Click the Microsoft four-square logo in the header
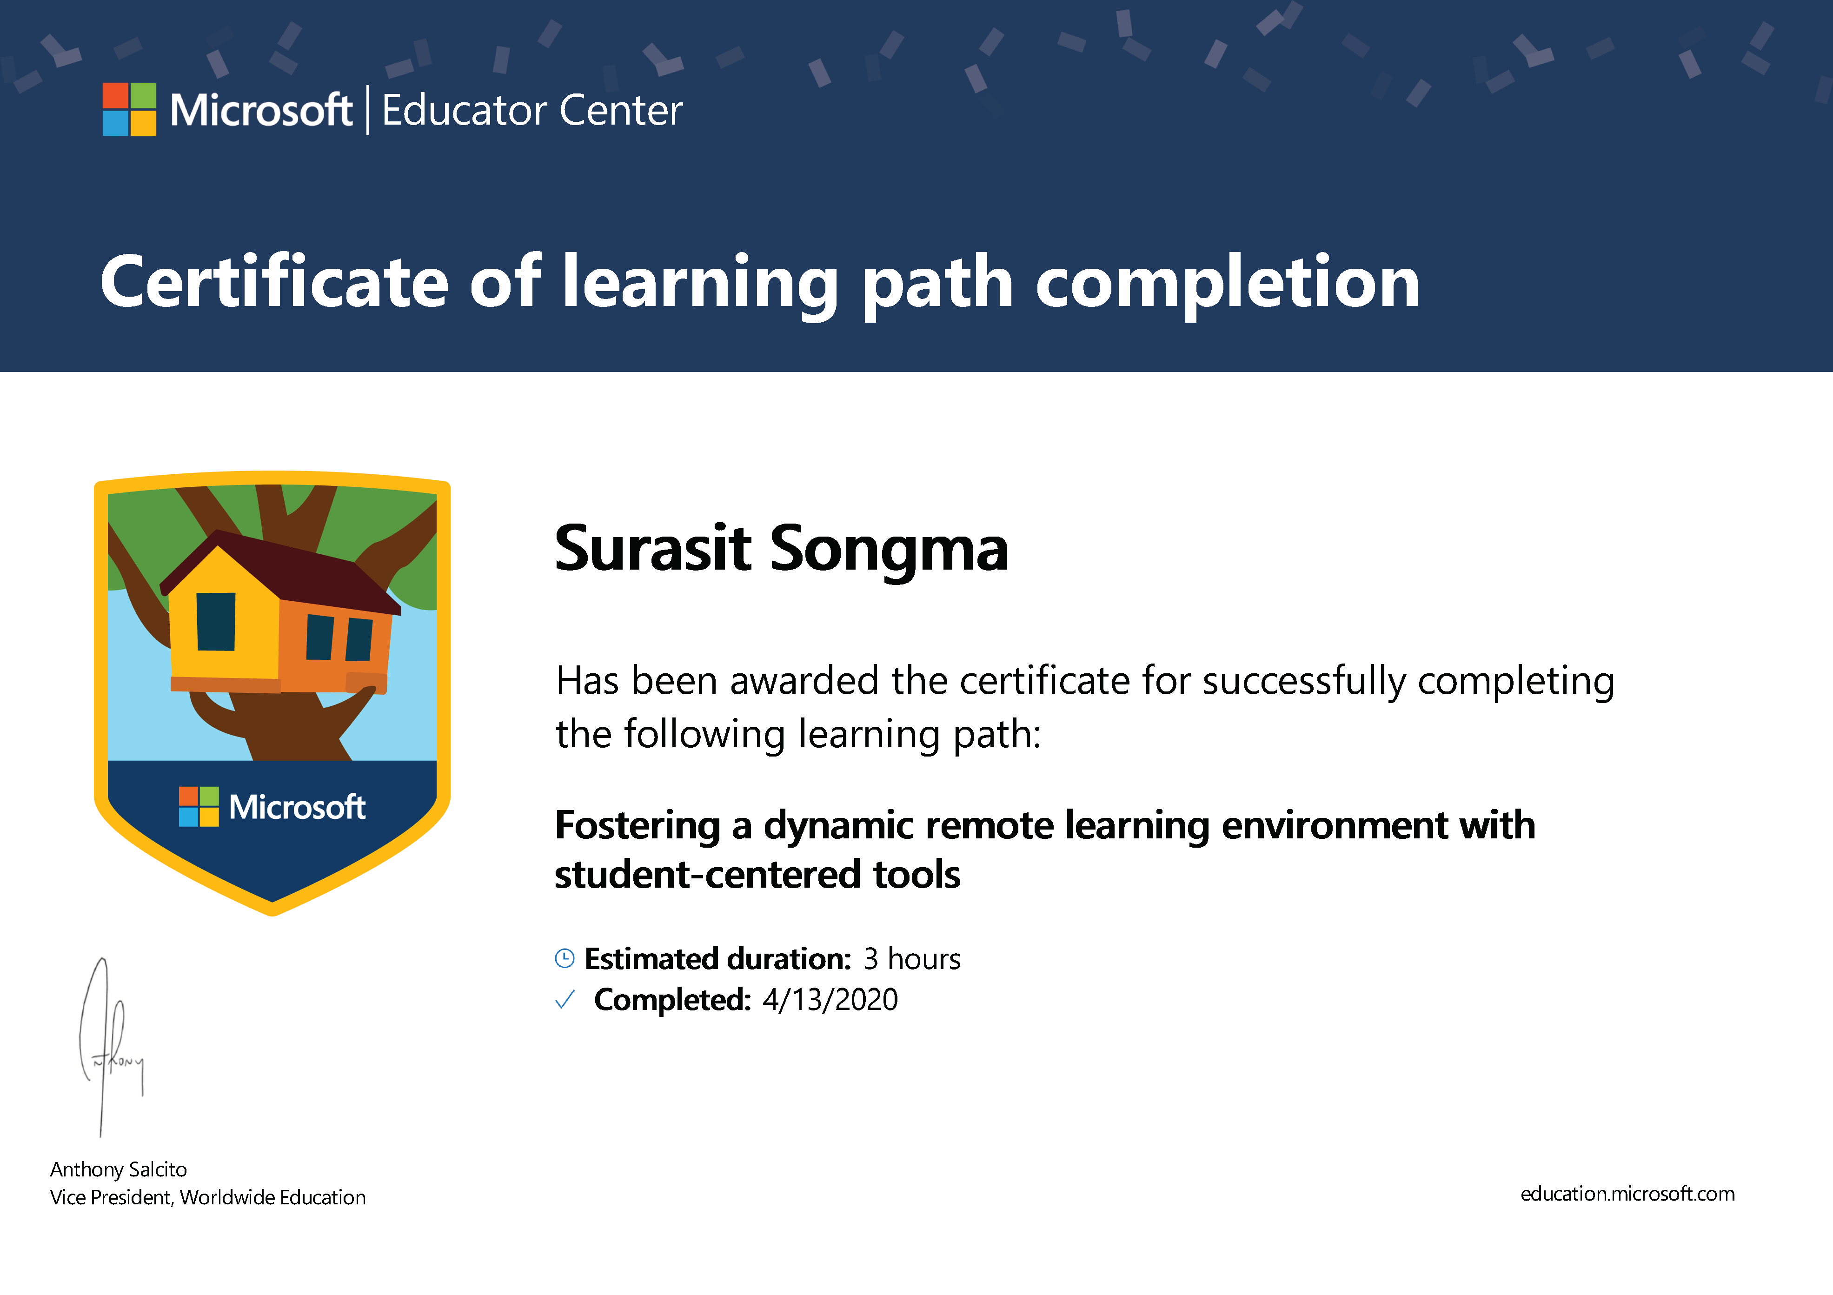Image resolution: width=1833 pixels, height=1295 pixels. point(129,109)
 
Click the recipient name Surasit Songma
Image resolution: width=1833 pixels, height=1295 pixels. point(782,550)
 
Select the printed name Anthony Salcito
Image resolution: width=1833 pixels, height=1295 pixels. point(118,1169)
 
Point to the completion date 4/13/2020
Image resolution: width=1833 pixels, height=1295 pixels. point(830,1000)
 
